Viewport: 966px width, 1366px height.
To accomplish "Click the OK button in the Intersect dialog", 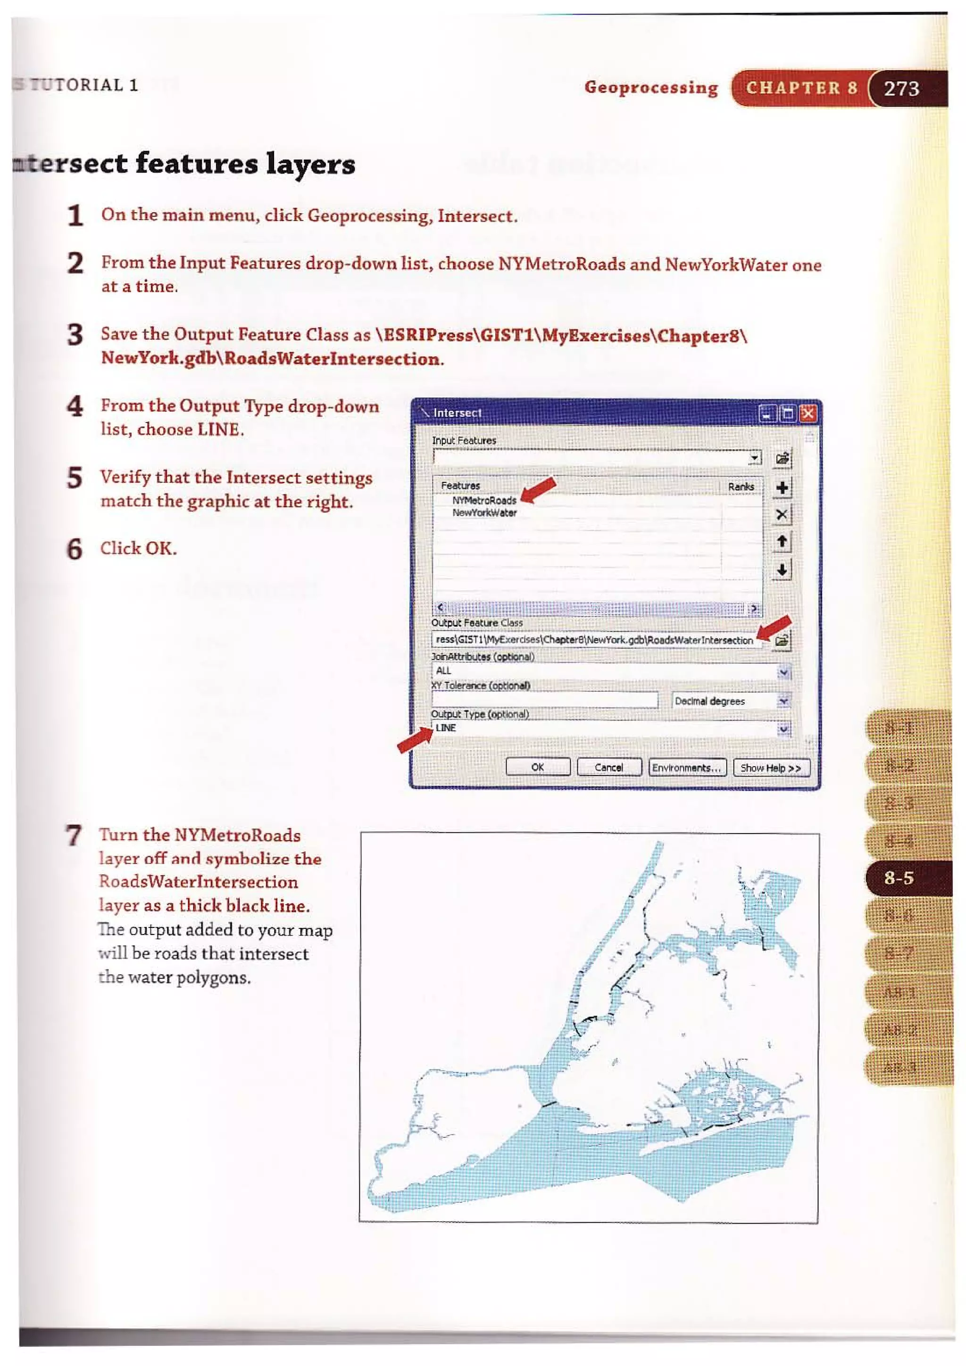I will [x=537, y=767].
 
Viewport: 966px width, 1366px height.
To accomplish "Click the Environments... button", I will [x=687, y=768].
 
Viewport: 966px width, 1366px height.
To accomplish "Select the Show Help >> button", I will [x=770, y=768].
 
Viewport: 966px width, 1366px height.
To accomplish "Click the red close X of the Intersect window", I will [x=808, y=414].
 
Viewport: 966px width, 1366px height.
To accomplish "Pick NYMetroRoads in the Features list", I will [x=484, y=500].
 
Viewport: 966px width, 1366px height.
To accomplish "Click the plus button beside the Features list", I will [x=782, y=488].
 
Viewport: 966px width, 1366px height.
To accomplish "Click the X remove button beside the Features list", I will [x=782, y=514].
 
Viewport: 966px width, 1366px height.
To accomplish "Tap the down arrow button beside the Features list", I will [x=782, y=570].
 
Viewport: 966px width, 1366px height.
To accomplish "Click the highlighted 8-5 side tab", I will [x=899, y=878].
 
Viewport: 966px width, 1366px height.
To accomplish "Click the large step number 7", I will [x=74, y=836].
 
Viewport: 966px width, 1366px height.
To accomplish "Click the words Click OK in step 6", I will [x=138, y=548].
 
